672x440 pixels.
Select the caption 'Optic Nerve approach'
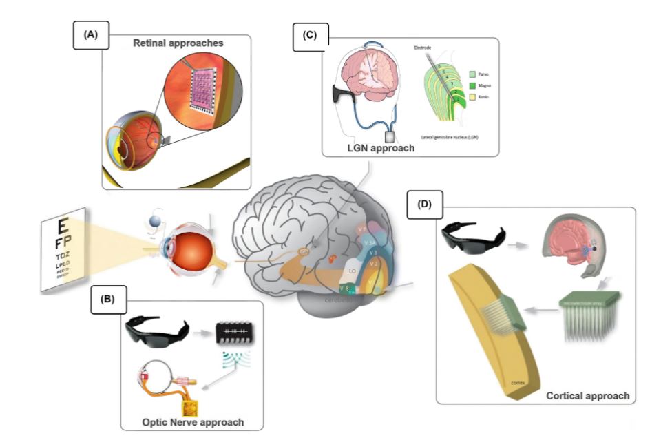click(x=191, y=419)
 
